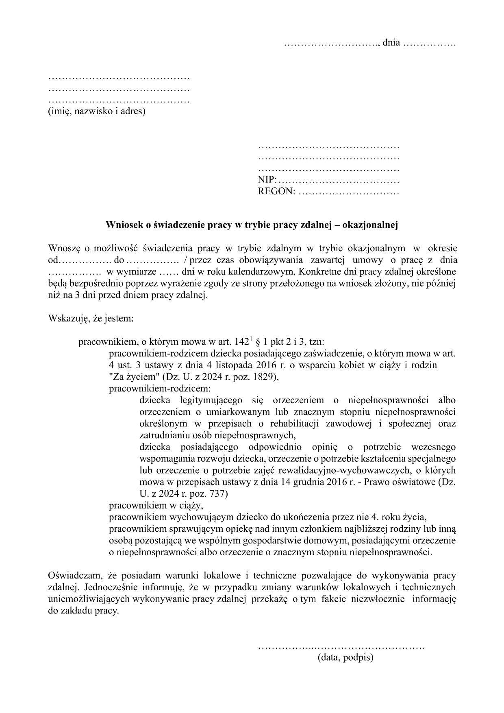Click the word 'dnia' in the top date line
tap(391, 42)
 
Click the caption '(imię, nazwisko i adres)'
tap(96, 111)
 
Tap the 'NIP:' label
tap(267, 180)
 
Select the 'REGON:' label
tap(276, 191)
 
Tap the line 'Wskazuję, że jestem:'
tap(90, 318)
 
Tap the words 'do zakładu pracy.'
tap(83, 611)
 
